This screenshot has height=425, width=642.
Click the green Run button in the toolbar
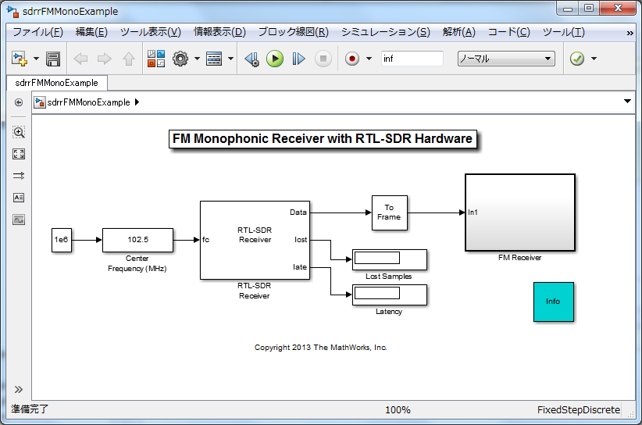(274, 59)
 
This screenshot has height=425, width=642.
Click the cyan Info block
(553, 302)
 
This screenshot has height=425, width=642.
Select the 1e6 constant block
(61, 241)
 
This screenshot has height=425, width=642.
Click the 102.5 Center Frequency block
(137, 241)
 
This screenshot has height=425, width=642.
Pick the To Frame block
(389, 212)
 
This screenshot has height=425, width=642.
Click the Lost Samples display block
(389, 259)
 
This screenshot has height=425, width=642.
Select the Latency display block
(389, 295)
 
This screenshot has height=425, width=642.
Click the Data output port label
(298, 212)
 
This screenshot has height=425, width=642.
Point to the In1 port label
(473, 212)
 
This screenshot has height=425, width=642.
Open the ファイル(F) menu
(37, 32)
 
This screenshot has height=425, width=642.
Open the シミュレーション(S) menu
(385, 32)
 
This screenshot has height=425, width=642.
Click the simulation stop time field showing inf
(412, 59)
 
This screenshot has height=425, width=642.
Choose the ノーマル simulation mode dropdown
(505, 59)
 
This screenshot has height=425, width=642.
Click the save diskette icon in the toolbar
(53, 59)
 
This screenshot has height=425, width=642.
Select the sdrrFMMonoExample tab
(56, 83)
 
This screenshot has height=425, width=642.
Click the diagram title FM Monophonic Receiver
(321, 139)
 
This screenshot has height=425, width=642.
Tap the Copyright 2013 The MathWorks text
(321, 348)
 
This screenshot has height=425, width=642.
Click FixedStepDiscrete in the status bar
(579, 410)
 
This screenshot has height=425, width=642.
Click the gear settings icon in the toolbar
(180, 59)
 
